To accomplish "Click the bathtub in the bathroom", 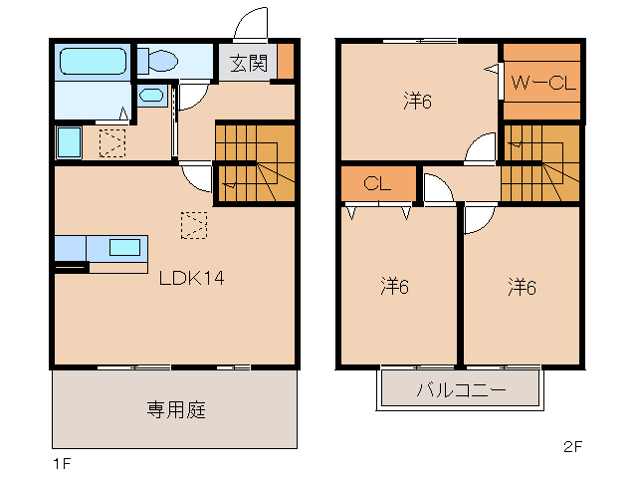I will (92, 61).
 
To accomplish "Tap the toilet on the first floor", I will (158, 61).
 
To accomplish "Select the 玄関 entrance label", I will (248, 64).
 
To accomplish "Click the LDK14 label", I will (192, 279).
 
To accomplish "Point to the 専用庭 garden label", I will (176, 409).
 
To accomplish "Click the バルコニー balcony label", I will (461, 389).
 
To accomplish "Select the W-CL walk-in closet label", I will (542, 84).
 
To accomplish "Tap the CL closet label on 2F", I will (377, 184).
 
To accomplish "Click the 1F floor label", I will (62, 464).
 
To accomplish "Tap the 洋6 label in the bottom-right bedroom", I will (521, 287).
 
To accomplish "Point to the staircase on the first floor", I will (256, 162).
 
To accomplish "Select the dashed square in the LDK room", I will (194, 226).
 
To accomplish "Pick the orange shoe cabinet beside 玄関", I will (286, 62).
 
